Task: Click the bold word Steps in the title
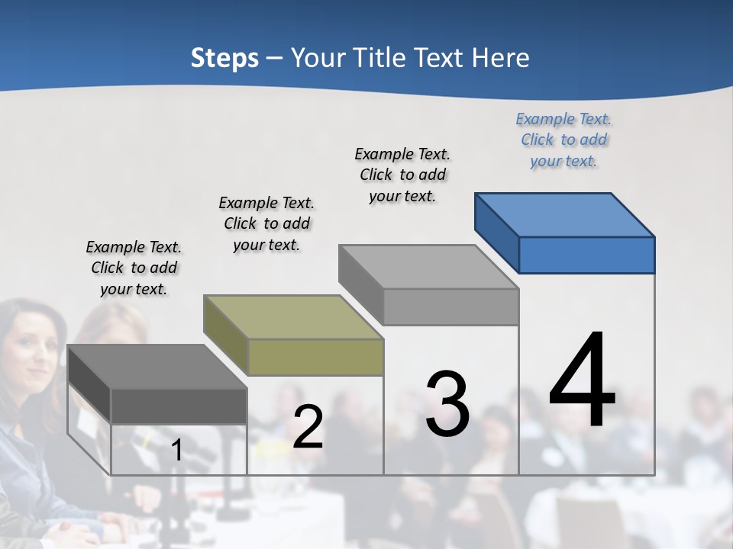pyautogui.click(x=224, y=58)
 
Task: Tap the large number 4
pyautogui.click(x=583, y=380)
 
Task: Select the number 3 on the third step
pyautogui.click(x=447, y=404)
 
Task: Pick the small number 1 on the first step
pyautogui.click(x=176, y=451)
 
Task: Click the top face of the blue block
pyautogui.click(x=563, y=215)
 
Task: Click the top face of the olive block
pyautogui.click(x=292, y=317)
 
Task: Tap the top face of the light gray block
pyautogui.click(x=428, y=267)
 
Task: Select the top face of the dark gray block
pyautogui.click(x=157, y=367)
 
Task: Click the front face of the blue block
pyautogui.click(x=586, y=255)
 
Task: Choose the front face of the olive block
pyautogui.click(x=315, y=357)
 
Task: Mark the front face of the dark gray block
pyautogui.click(x=179, y=406)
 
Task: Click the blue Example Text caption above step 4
pyautogui.click(x=563, y=140)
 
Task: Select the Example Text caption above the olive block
pyautogui.click(x=266, y=223)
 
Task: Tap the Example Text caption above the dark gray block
pyautogui.click(x=134, y=268)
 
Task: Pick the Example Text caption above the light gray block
pyautogui.click(x=402, y=175)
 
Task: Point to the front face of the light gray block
pyautogui.click(x=450, y=307)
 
